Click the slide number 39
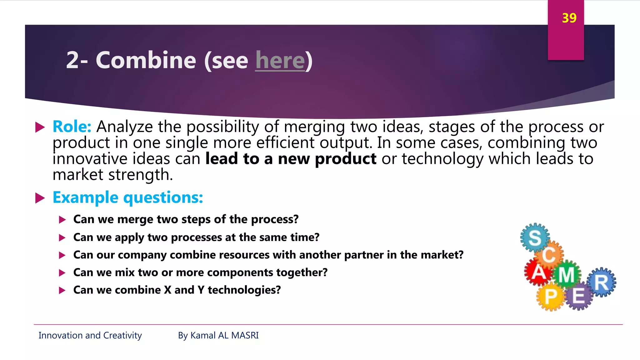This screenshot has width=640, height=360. pyautogui.click(x=569, y=18)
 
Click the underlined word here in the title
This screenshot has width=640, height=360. pyautogui.click(x=280, y=60)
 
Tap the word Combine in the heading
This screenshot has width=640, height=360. pyautogui.click(x=146, y=60)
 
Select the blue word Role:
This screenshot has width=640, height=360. pyautogui.click(x=72, y=127)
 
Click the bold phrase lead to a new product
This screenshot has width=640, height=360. pyautogui.click(x=291, y=159)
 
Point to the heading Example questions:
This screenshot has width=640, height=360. pyautogui.click(x=128, y=197)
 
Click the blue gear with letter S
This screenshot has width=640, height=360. pyautogui.click(x=535, y=238)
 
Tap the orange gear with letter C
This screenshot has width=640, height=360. pyautogui.click(x=549, y=255)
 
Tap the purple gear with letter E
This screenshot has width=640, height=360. pyautogui.click(x=579, y=295)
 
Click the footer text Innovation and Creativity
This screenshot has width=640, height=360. pyautogui.click(x=90, y=335)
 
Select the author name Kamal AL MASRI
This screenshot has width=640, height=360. pyautogui.click(x=224, y=335)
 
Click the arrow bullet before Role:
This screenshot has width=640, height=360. pyautogui.click(x=40, y=127)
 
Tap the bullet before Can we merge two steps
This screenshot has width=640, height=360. pyautogui.click(x=62, y=220)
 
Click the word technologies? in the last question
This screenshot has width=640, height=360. pyautogui.click(x=244, y=290)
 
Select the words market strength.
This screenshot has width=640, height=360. pyautogui.click(x=112, y=175)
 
